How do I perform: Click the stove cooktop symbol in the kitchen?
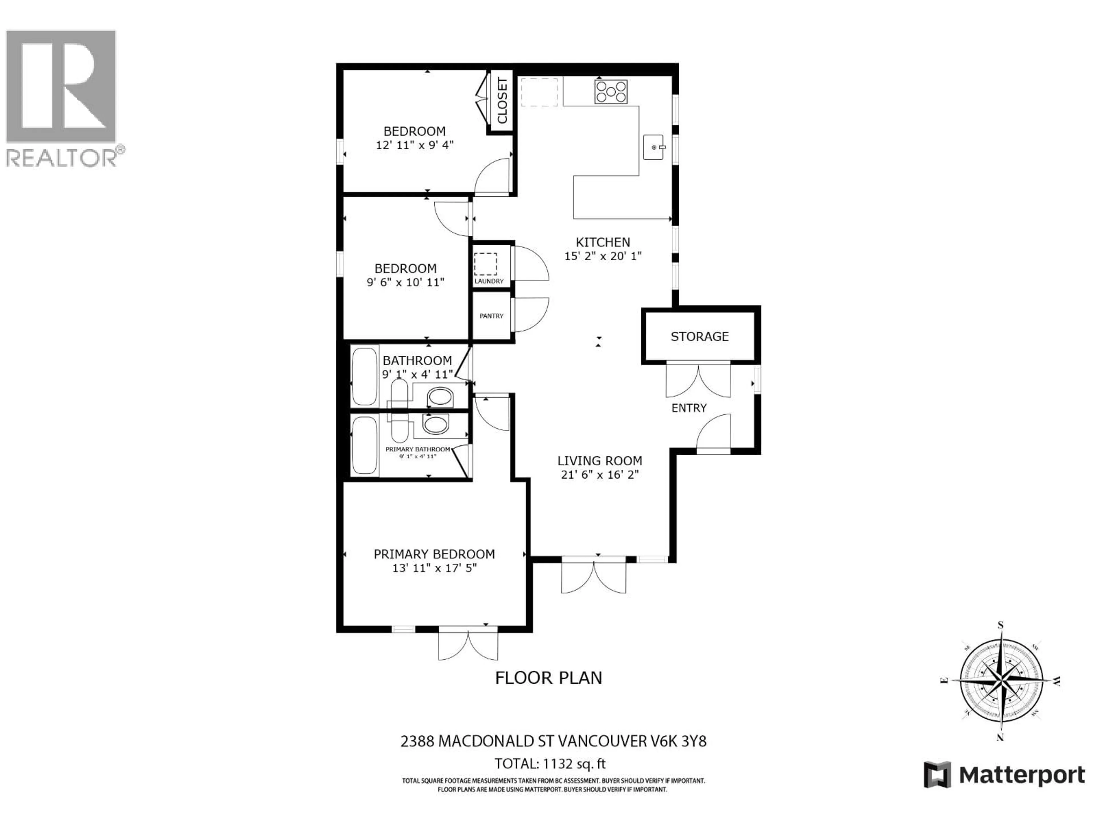coord(610,92)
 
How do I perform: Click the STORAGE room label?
coord(699,337)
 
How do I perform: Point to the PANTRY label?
coord(491,316)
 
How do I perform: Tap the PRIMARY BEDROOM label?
coord(434,554)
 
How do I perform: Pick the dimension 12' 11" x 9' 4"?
coord(415,145)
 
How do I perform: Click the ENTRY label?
coord(688,408)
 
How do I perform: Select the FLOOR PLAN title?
coord(548,678)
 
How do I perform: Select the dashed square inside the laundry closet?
coord(485,264)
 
